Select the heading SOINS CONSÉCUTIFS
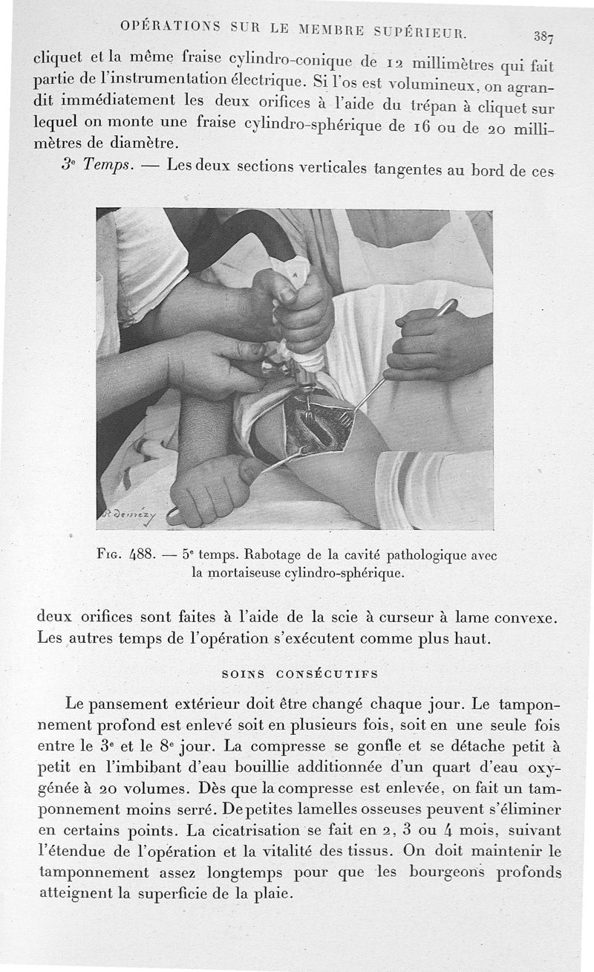(x=300, y=674)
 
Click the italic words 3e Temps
(x=97, y=165)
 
